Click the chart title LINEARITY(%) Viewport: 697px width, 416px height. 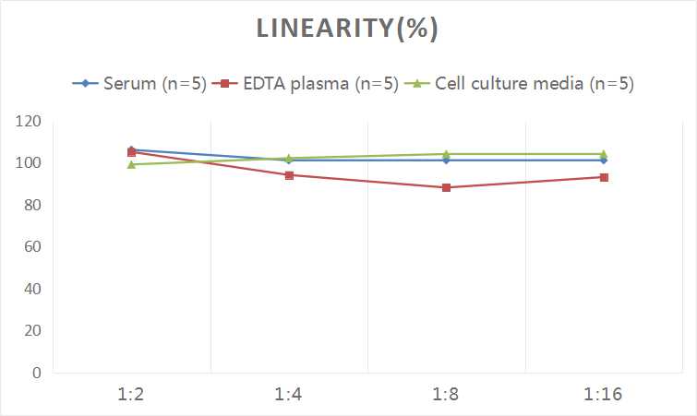pos(348,29)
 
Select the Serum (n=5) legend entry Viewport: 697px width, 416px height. pos(149,84)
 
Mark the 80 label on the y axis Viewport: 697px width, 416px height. pos(31,205)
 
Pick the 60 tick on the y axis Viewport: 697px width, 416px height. pos(31,247)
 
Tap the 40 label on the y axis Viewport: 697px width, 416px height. pos(31,289)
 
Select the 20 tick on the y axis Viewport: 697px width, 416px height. pos(31,330)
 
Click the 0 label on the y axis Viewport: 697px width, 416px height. pos(36,373)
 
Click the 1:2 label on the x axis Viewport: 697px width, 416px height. pos(131,395)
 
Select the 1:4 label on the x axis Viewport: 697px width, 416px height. pos(289,395)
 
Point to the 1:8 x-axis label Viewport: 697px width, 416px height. pos(446,395)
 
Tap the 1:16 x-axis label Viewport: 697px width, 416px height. pos(604,395)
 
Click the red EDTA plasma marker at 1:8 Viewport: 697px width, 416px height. pos(446,188)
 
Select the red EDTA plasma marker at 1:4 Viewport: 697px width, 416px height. pos(289,175)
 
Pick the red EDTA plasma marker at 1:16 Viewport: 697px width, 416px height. pos(604,177)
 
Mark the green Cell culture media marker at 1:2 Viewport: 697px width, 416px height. pos(131,164)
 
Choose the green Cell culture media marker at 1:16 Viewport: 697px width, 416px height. pos(604,154)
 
